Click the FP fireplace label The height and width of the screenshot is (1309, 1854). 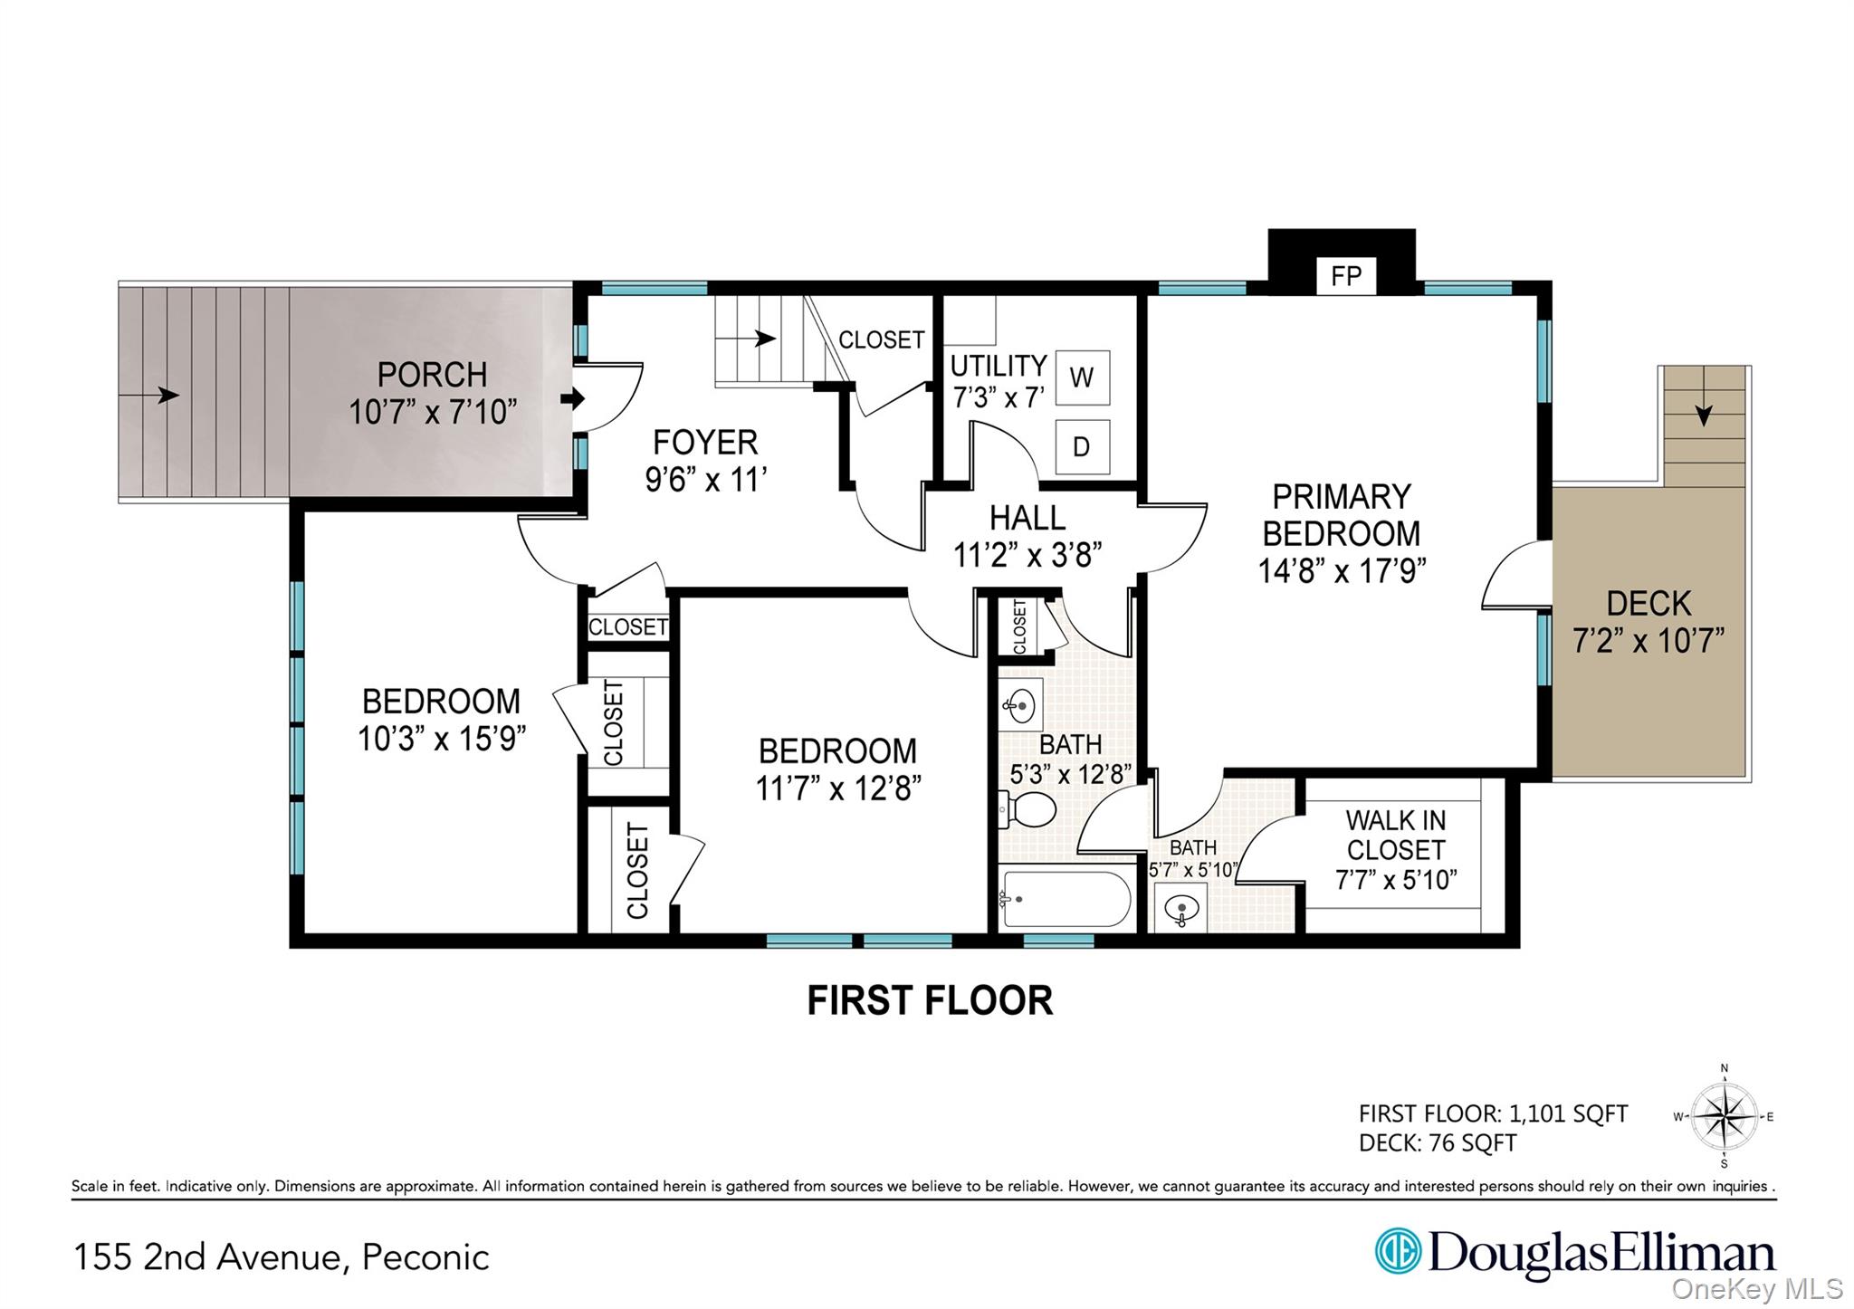[1346, 276]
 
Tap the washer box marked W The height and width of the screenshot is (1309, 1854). [1082, 377]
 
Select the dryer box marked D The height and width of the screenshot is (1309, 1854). [1082, 446]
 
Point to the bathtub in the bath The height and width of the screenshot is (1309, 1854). [1065, 899]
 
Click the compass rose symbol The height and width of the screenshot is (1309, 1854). [1724, 1117]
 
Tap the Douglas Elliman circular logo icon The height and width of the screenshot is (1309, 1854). [1398, 1251]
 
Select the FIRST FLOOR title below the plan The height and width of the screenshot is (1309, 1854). [930, 1001]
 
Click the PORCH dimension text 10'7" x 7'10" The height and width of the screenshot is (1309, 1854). [433, 413]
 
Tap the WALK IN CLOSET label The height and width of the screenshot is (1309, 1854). [1395, 835]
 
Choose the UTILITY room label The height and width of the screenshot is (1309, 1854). [999, 366]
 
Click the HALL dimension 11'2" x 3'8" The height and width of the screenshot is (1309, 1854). [1027, 554]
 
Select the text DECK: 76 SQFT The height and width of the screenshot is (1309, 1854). [1438, 1143]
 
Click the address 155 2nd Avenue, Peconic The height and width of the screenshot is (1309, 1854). [282, 1257]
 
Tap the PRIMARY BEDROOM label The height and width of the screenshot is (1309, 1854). [1342, 515]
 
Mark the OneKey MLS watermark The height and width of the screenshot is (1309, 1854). [1757, 1288]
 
